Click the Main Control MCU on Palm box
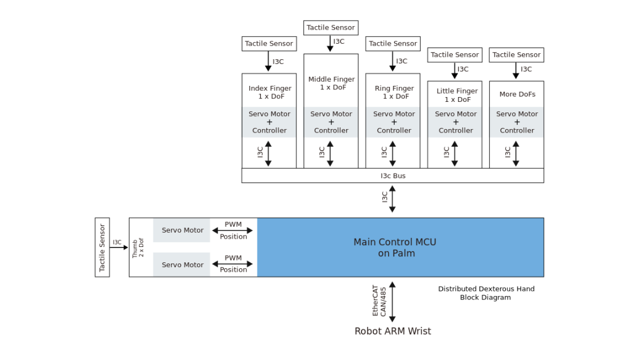pos(400,247)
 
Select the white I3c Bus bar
pos(392,176)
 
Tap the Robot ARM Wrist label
pos(392,331)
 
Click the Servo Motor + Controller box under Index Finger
pos(269,122)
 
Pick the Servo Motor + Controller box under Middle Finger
pos(331,122)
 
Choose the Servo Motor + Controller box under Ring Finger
pos(393,122)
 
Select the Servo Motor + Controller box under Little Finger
pos(456,122)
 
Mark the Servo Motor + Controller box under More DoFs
pos(517,122)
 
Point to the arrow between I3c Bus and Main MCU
pos(392,199)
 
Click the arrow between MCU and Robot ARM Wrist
pos(392,302)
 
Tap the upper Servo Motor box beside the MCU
pos(182,230)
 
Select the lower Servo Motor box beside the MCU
pos(182,265)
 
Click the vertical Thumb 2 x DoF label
pos(138,247)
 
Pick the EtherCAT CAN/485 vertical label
pos(379,302)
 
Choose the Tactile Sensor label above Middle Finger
pos(331,28)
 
